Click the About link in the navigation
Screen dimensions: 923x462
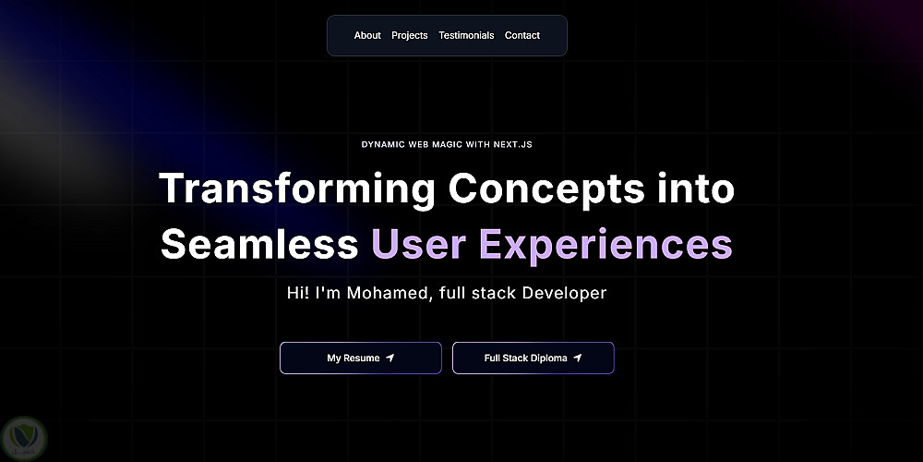tap(367, 35)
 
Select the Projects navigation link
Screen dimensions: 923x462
tap(410, 35)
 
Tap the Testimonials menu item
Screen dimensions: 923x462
tap(466, 35)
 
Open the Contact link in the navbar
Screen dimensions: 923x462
tap(522, 35)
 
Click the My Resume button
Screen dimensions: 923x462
tap(361, 358)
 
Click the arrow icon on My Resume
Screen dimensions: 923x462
tap(390, 358)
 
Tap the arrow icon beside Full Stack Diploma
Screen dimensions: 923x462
tap(578, 358)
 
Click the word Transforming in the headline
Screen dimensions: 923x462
tap(297, 189)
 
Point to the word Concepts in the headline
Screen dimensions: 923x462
tap(545, 189)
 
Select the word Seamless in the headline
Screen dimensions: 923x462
tap(259, 243)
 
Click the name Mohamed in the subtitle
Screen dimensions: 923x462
tap(385, 293)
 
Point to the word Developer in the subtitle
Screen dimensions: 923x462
tap(564, 293)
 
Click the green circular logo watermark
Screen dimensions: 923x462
tap(24, 438)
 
